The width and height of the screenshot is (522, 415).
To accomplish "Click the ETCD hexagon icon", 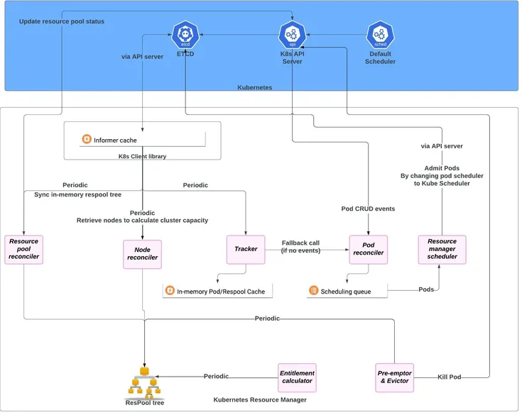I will click(x=185, y=33).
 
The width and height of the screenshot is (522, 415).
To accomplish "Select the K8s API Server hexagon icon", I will click(x=292, y=33).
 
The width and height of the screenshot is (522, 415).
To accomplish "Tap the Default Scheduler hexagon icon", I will click(x=380, y=33).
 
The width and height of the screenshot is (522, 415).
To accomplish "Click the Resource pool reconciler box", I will click(x=24, y=250).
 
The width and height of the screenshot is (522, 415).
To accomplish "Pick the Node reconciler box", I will click(x=142, y=253).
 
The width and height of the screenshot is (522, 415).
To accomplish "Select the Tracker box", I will click(x=246, y=249).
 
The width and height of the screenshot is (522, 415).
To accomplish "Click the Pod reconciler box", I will click(x=368, y=249).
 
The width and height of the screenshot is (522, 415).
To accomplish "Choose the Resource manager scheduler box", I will click(x=442, y=250).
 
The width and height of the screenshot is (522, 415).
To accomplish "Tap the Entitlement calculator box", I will click(x=297, y=377).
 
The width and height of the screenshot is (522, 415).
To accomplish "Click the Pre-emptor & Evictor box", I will click(x=394, y=377).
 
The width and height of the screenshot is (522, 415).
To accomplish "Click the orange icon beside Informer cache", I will click(x=87, y=140).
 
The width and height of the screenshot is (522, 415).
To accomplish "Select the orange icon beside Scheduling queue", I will click(x=313, y=291).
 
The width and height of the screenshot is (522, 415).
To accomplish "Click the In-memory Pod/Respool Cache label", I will click(x=221, y=292).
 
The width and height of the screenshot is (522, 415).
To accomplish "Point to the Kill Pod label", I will click(x=450, y=377).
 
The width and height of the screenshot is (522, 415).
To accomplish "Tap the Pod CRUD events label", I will click(x=369, y=209).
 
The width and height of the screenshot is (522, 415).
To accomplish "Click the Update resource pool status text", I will click(x=61, y=21).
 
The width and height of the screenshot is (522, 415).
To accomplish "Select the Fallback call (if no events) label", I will click(x=300, y=246).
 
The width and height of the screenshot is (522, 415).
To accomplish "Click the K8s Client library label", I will click(x=142, y=156).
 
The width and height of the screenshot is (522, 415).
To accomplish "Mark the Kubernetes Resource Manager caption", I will click(x=260, y=400).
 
